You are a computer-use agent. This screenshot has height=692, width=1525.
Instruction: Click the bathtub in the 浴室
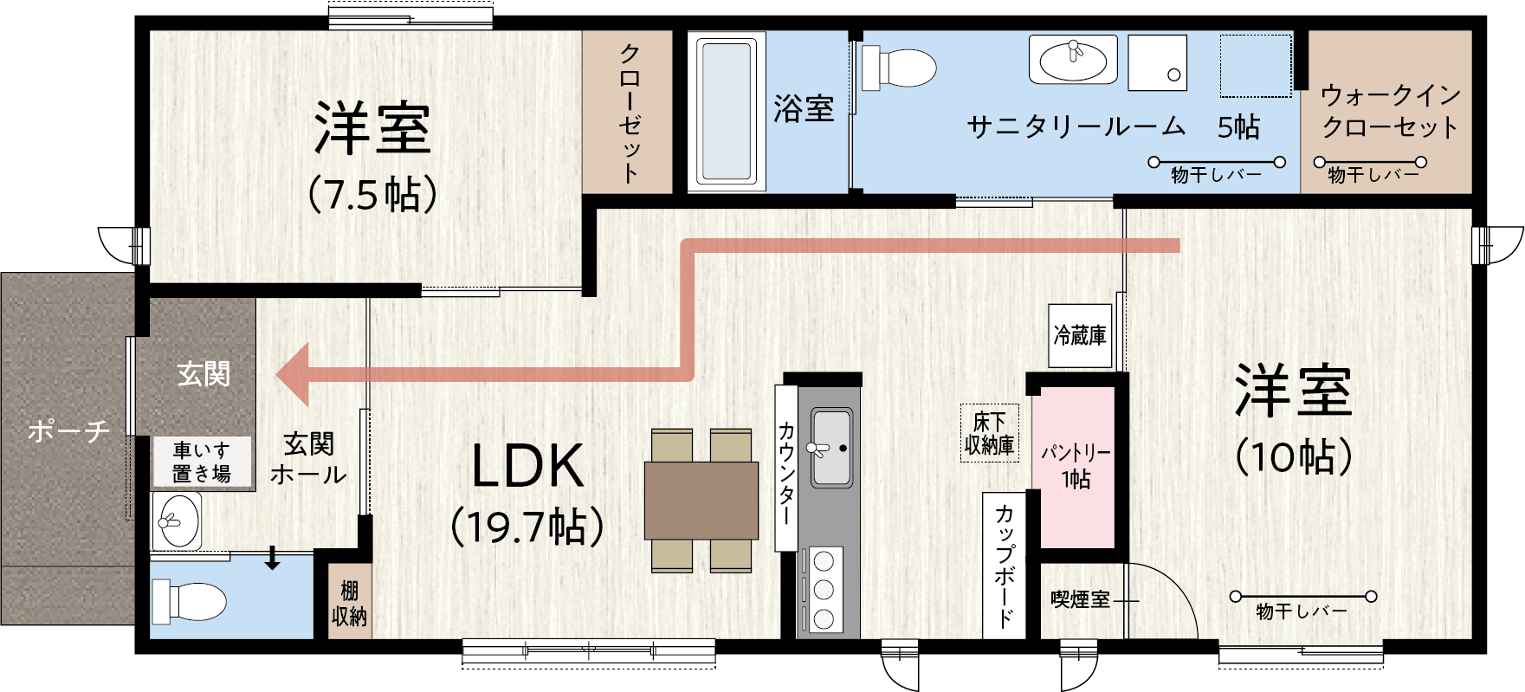coord(727,112)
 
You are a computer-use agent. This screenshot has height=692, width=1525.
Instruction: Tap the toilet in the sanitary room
coord(899,67)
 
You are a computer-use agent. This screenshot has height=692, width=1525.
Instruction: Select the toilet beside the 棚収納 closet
coord(188,601)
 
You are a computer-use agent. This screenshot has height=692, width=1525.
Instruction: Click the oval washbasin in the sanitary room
coord(1073,60)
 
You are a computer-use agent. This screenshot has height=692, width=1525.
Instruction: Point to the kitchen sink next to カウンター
coord(830,449)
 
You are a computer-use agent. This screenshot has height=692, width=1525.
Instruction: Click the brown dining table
coord(701,501)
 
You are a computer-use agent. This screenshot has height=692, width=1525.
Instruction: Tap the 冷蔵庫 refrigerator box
coord(1080,335)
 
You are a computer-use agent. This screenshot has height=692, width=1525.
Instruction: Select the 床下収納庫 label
coord(990,433)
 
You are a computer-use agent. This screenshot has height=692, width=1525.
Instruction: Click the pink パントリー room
coord(1074,466)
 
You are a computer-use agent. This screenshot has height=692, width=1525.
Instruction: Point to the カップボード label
coord(1005,566)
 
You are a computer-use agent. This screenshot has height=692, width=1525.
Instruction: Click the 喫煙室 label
coord(1080,599)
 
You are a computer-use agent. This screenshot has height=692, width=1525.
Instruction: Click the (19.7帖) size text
coord(527,527)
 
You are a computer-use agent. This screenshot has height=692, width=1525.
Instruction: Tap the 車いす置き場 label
coord(202,462)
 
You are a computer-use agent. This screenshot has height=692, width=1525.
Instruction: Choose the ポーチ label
coord(68,430)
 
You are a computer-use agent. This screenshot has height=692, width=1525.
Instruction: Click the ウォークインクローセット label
coord(1390,111)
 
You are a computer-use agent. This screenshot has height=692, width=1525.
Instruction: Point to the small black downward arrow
coord(273,559)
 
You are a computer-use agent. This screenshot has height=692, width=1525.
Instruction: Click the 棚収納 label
coord(350,604)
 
